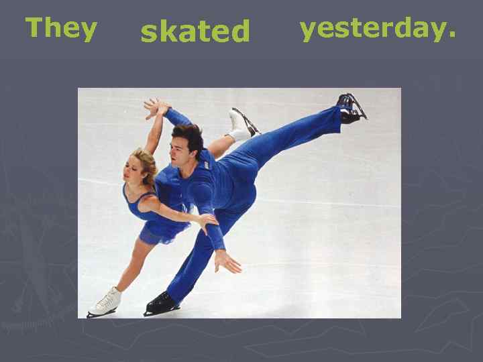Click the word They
(x=61, y=29)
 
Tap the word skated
(x=195, y=31)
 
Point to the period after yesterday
(x=451, y=38)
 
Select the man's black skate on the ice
(x=161, y=303)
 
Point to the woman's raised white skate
(x=240, y=124)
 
